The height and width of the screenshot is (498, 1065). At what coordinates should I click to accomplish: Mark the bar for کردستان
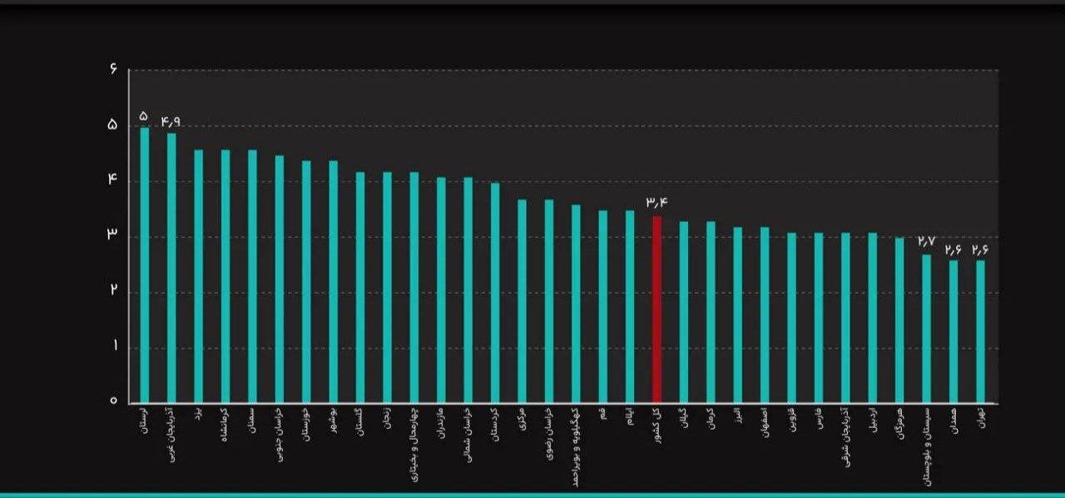point(495,292)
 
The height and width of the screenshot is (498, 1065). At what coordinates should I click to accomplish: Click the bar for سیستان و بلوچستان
point(926,328)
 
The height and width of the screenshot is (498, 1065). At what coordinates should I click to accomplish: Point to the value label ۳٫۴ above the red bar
point(656,202)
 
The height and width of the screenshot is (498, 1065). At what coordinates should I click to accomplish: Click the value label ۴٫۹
point(171,122)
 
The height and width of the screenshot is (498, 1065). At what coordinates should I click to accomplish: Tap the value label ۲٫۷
point(926,242)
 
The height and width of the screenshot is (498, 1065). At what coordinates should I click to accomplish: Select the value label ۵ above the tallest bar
point(144,115)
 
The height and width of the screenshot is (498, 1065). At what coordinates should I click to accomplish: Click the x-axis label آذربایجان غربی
point(171,434)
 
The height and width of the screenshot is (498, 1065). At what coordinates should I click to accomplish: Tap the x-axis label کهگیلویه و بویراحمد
point(576,446)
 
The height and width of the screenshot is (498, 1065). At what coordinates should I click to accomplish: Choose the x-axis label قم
point(602,413)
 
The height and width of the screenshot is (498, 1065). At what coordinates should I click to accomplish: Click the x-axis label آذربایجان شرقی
point(845,437)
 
